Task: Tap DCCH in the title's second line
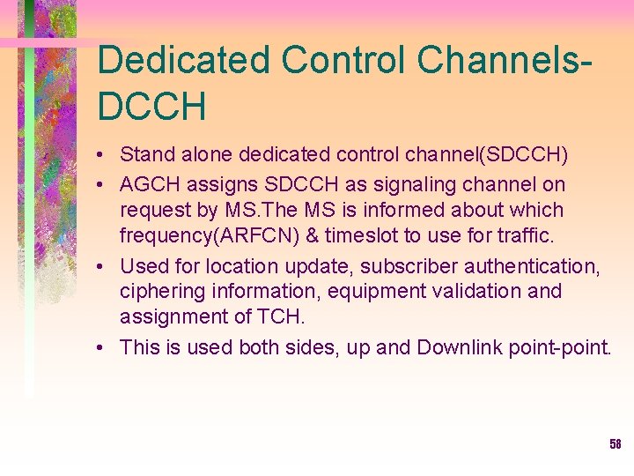point(152,107)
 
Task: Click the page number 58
point(616,444)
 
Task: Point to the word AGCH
point(149,185)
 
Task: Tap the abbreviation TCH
point(280,316)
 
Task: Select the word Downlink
point(459,347)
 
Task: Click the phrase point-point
point(559,347)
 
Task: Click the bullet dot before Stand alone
point(103,156)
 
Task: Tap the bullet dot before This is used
point(103,347)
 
